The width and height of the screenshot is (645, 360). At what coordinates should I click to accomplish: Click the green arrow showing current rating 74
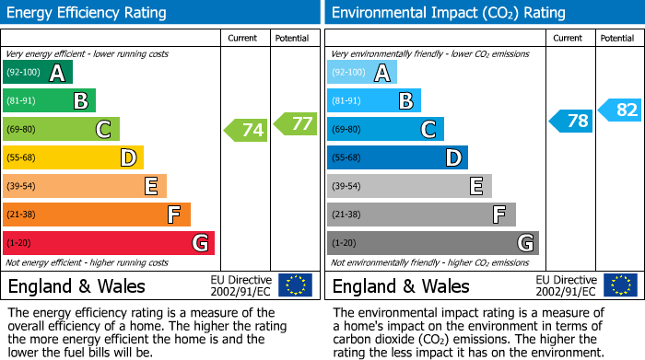coord(247,130)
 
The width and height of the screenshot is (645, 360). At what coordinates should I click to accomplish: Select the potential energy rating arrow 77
coord(296,122)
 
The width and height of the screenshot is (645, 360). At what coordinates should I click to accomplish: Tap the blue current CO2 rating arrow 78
coord(571,121)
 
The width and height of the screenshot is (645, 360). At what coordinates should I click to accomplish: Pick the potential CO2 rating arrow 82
coord(620,110)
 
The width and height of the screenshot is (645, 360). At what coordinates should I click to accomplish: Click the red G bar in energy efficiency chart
coord(109,243)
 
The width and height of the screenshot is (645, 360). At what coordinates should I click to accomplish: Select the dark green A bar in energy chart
coord(38,73)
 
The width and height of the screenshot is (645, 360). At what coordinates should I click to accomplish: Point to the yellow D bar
coord(74,157)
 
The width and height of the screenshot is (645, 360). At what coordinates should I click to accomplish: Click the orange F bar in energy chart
coord(97,215)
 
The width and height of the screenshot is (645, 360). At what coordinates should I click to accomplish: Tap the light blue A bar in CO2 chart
coord(362,73)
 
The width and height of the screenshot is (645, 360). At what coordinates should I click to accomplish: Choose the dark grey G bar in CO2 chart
coord(432,243)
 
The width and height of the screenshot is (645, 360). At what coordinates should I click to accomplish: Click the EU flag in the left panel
coord(295,285)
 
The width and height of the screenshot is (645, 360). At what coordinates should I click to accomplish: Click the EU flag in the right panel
coord(619,285)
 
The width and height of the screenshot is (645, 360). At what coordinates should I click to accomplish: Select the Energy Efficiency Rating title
coord(87,13)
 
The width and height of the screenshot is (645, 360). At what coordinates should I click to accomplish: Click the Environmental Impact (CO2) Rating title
coord(448,13)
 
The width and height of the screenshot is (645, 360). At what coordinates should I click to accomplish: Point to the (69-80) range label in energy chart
coord(22,130)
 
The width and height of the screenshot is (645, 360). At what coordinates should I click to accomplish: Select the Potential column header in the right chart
coord(617,38)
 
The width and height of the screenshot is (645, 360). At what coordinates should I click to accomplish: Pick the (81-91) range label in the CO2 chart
coord(346,101)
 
